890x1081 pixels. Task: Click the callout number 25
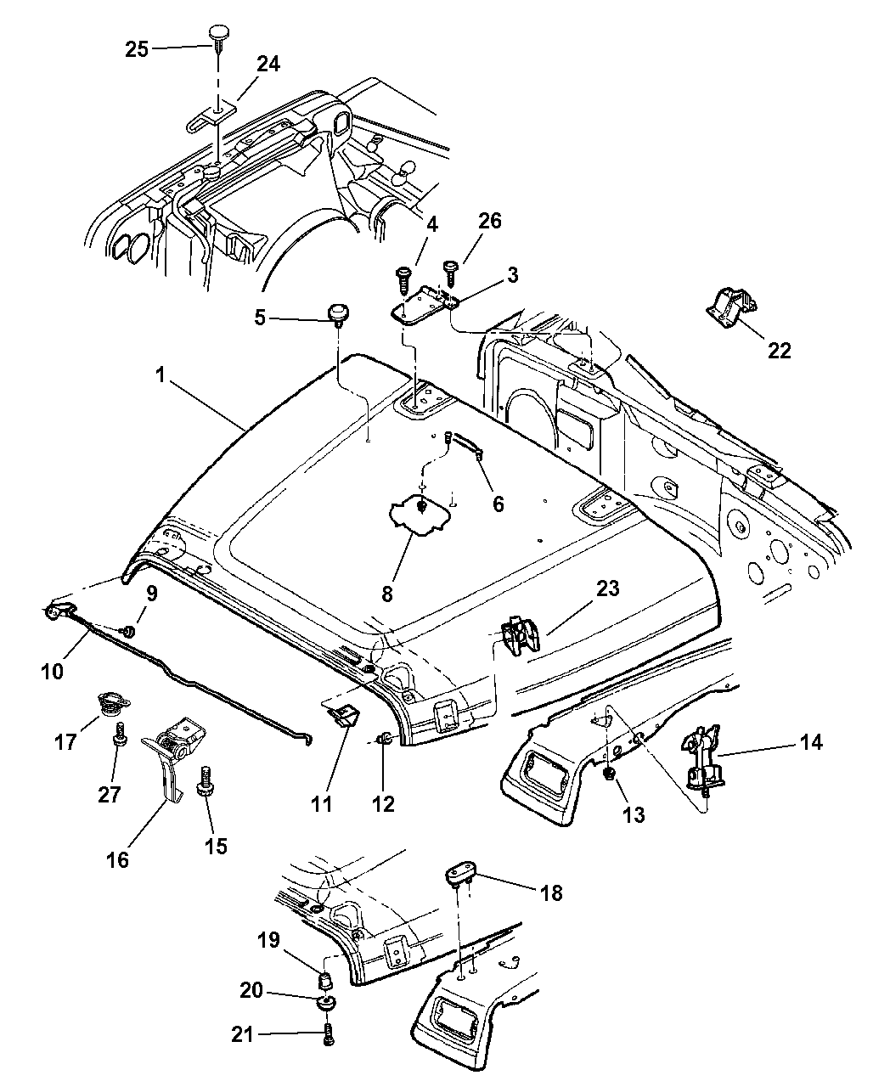point(137,49)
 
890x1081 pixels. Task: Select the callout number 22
point(779,350)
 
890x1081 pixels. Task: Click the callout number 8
point(387,594)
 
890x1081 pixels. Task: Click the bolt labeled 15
point(204,780)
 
